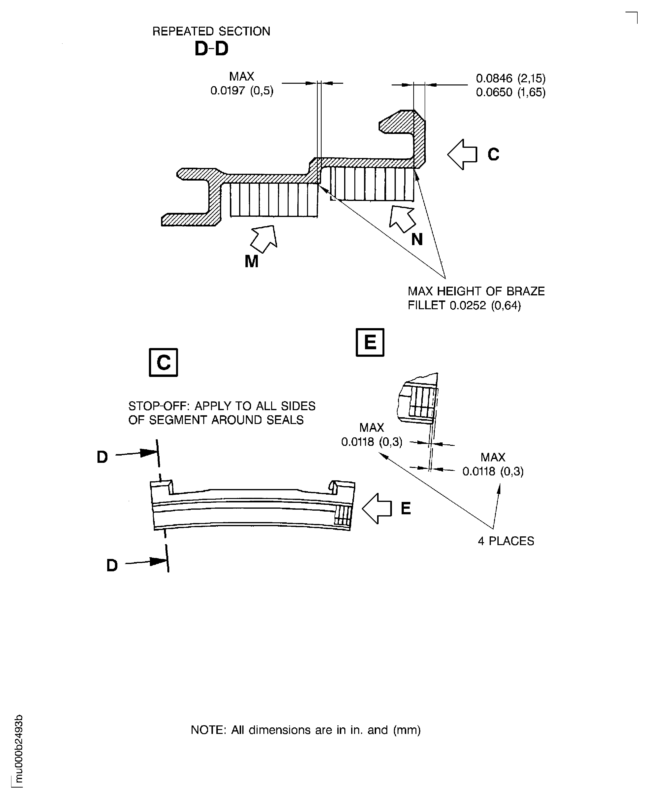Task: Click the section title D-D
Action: click(211, 49)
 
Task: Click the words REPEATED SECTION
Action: click(211, 31)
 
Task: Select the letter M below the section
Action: click(251, 261)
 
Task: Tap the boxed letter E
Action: click(370, 342)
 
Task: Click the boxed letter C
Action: click(163, 362)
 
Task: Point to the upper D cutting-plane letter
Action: click(102, 457)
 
